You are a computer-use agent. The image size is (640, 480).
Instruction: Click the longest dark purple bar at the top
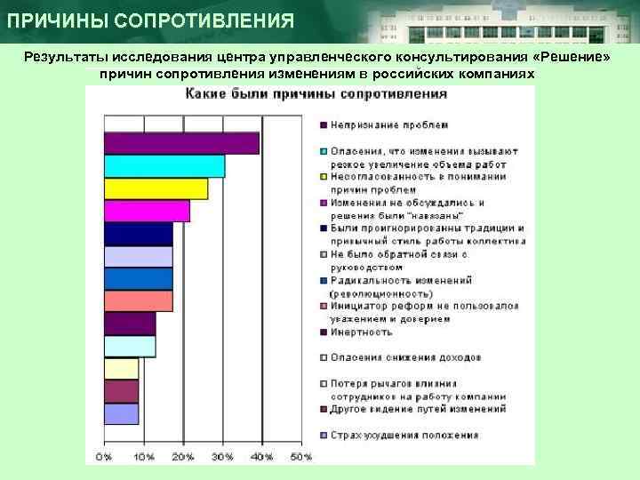181,143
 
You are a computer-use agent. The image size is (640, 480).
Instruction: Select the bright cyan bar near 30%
164,166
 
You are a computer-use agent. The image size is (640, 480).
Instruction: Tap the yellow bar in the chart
156,188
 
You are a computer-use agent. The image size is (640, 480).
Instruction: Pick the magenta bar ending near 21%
147,211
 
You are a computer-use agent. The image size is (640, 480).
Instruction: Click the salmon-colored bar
138,300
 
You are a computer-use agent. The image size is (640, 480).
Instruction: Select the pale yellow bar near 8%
121,368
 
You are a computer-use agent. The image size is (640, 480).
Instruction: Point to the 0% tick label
104,456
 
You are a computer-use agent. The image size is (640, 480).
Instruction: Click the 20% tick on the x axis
183,456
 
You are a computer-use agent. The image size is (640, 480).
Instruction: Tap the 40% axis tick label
262,456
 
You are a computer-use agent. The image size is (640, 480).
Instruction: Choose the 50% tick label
301,456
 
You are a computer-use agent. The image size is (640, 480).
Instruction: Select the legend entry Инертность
361,332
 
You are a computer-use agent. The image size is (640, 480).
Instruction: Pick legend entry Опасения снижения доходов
405,357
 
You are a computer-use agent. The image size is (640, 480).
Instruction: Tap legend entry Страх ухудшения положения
404,435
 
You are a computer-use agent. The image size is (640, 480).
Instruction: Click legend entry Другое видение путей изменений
418,409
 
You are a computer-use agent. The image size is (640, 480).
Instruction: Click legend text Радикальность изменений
400,280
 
